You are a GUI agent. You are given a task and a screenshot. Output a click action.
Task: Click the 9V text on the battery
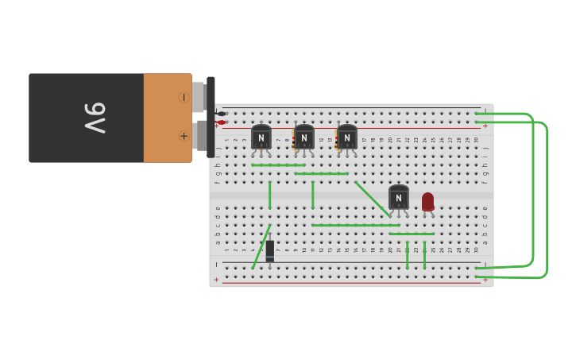coord(95,118)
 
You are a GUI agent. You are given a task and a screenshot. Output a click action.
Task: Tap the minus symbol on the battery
coord(184,97)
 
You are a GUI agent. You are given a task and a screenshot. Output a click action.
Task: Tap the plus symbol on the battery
coord(184,136)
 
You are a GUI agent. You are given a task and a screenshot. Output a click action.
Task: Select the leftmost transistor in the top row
coord(261,137)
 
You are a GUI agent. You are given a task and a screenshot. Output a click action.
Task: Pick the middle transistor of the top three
coord(304,137)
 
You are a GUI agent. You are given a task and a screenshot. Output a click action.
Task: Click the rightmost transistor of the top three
coord(347,137)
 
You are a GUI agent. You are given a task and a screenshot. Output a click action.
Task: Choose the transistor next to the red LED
coord(399,197)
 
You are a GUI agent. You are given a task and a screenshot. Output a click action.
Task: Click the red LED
coord(428,201)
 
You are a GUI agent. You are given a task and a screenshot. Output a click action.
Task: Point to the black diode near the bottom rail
coord(270,250)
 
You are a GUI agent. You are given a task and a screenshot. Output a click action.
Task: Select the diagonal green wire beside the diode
coord(261,248)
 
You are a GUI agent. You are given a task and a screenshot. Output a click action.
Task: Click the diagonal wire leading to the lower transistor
coord(373,199)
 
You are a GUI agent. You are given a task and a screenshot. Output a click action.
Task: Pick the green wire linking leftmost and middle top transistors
coord(278,165)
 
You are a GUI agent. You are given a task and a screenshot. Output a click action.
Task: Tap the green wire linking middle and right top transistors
coord(321,173)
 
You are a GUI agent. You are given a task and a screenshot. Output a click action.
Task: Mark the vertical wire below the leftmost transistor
coord(270,195)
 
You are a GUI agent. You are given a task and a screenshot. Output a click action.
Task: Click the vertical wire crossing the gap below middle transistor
coord(313,195)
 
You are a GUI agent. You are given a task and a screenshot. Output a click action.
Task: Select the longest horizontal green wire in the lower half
coord(355,225)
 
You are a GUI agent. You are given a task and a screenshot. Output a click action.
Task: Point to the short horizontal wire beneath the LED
coord(412,234)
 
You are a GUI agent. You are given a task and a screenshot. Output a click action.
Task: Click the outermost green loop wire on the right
coord(547,199)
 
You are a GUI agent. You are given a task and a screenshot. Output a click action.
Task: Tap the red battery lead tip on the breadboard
coord(222,122)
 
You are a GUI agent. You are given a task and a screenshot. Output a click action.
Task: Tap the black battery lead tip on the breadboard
coord(222,114)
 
